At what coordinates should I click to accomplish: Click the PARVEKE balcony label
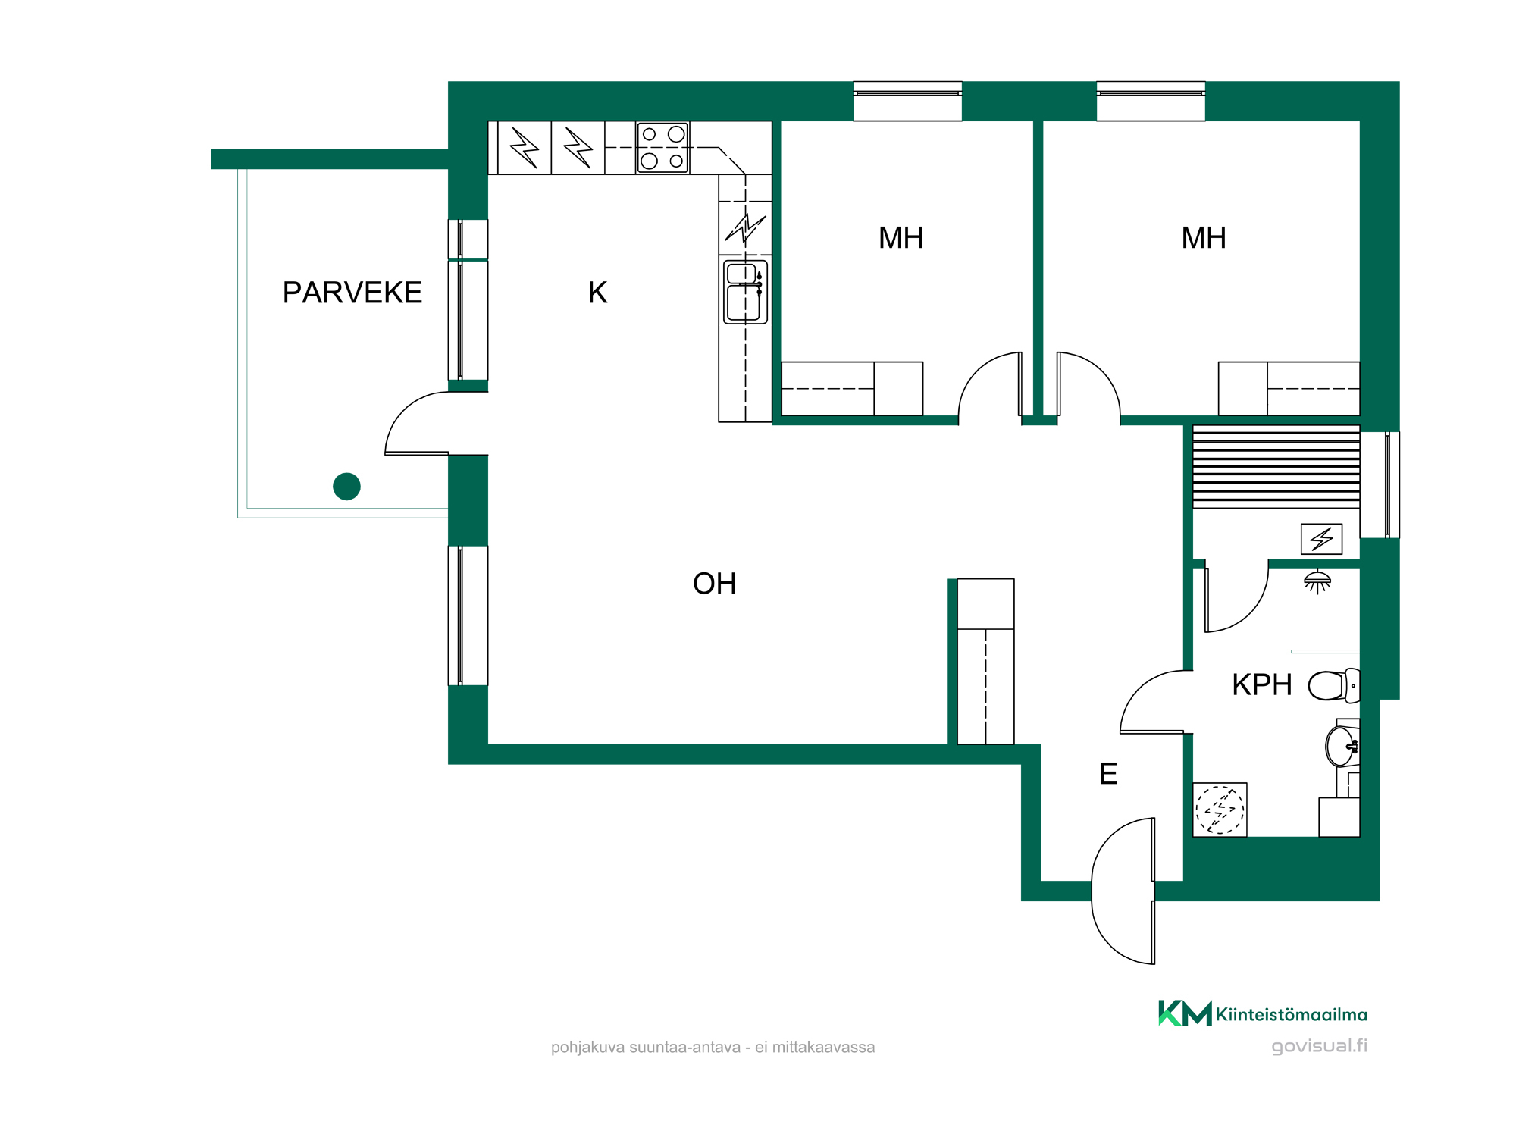pos(352,293)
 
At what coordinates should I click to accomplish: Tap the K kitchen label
pos(597,293)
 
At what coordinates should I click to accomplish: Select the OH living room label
pos(714,584)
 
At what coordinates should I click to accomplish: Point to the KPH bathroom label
pos(1261,684)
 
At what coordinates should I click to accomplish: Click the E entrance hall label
pos(1108,774)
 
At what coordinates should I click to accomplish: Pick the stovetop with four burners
pos(662,148)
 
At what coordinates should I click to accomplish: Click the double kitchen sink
pos(746,292)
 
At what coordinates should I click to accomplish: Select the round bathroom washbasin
pos(1342,746)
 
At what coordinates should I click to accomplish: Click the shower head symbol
pos(1317,581)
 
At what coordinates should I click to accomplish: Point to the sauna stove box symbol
pos(1321,539)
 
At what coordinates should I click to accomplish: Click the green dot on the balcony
pos(346,486)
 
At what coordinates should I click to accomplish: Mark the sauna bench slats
pos(1276,466)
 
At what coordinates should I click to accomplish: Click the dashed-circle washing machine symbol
pos(1220,810)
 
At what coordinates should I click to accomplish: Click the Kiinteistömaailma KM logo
pos(1263,1013)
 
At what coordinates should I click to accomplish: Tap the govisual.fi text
pos(1320,1046)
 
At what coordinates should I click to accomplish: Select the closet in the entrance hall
pos(985,662)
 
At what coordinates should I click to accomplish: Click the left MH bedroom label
pos(901,238)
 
